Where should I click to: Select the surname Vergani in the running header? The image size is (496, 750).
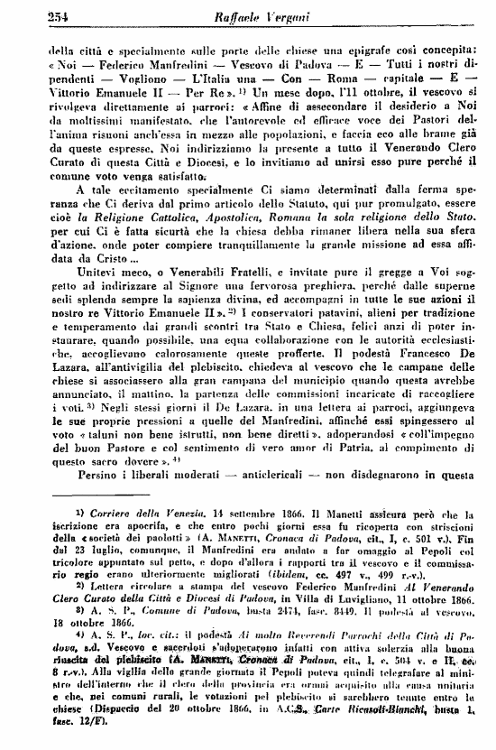tap(277, 14)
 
